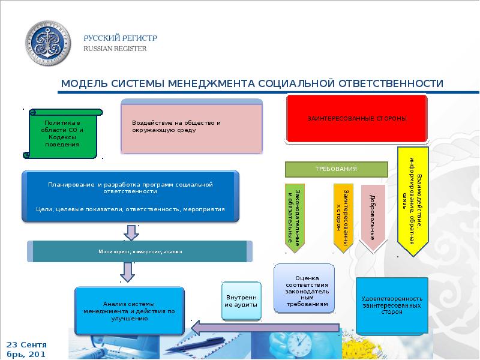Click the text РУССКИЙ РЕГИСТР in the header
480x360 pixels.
[x=120, y=38]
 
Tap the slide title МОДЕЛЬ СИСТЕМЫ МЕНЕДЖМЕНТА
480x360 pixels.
[x=252, y=83]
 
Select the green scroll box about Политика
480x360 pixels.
[x=62, y=134]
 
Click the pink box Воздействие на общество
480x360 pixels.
[x=191, y=128]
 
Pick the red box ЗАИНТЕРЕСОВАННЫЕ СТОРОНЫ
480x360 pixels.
[x=358, y=119]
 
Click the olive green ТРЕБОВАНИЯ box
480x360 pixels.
[x=336, y=169]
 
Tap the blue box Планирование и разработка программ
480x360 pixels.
[x=130, y=197]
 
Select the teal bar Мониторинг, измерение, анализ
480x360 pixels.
[x=139, y=252]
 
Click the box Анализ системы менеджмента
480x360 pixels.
[x=130, y=311]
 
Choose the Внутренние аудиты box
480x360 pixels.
[x=241, y=301]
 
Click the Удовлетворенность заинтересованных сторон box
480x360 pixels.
[x=392, y=305]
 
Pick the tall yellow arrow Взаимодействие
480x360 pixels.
[x=413, y=201]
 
